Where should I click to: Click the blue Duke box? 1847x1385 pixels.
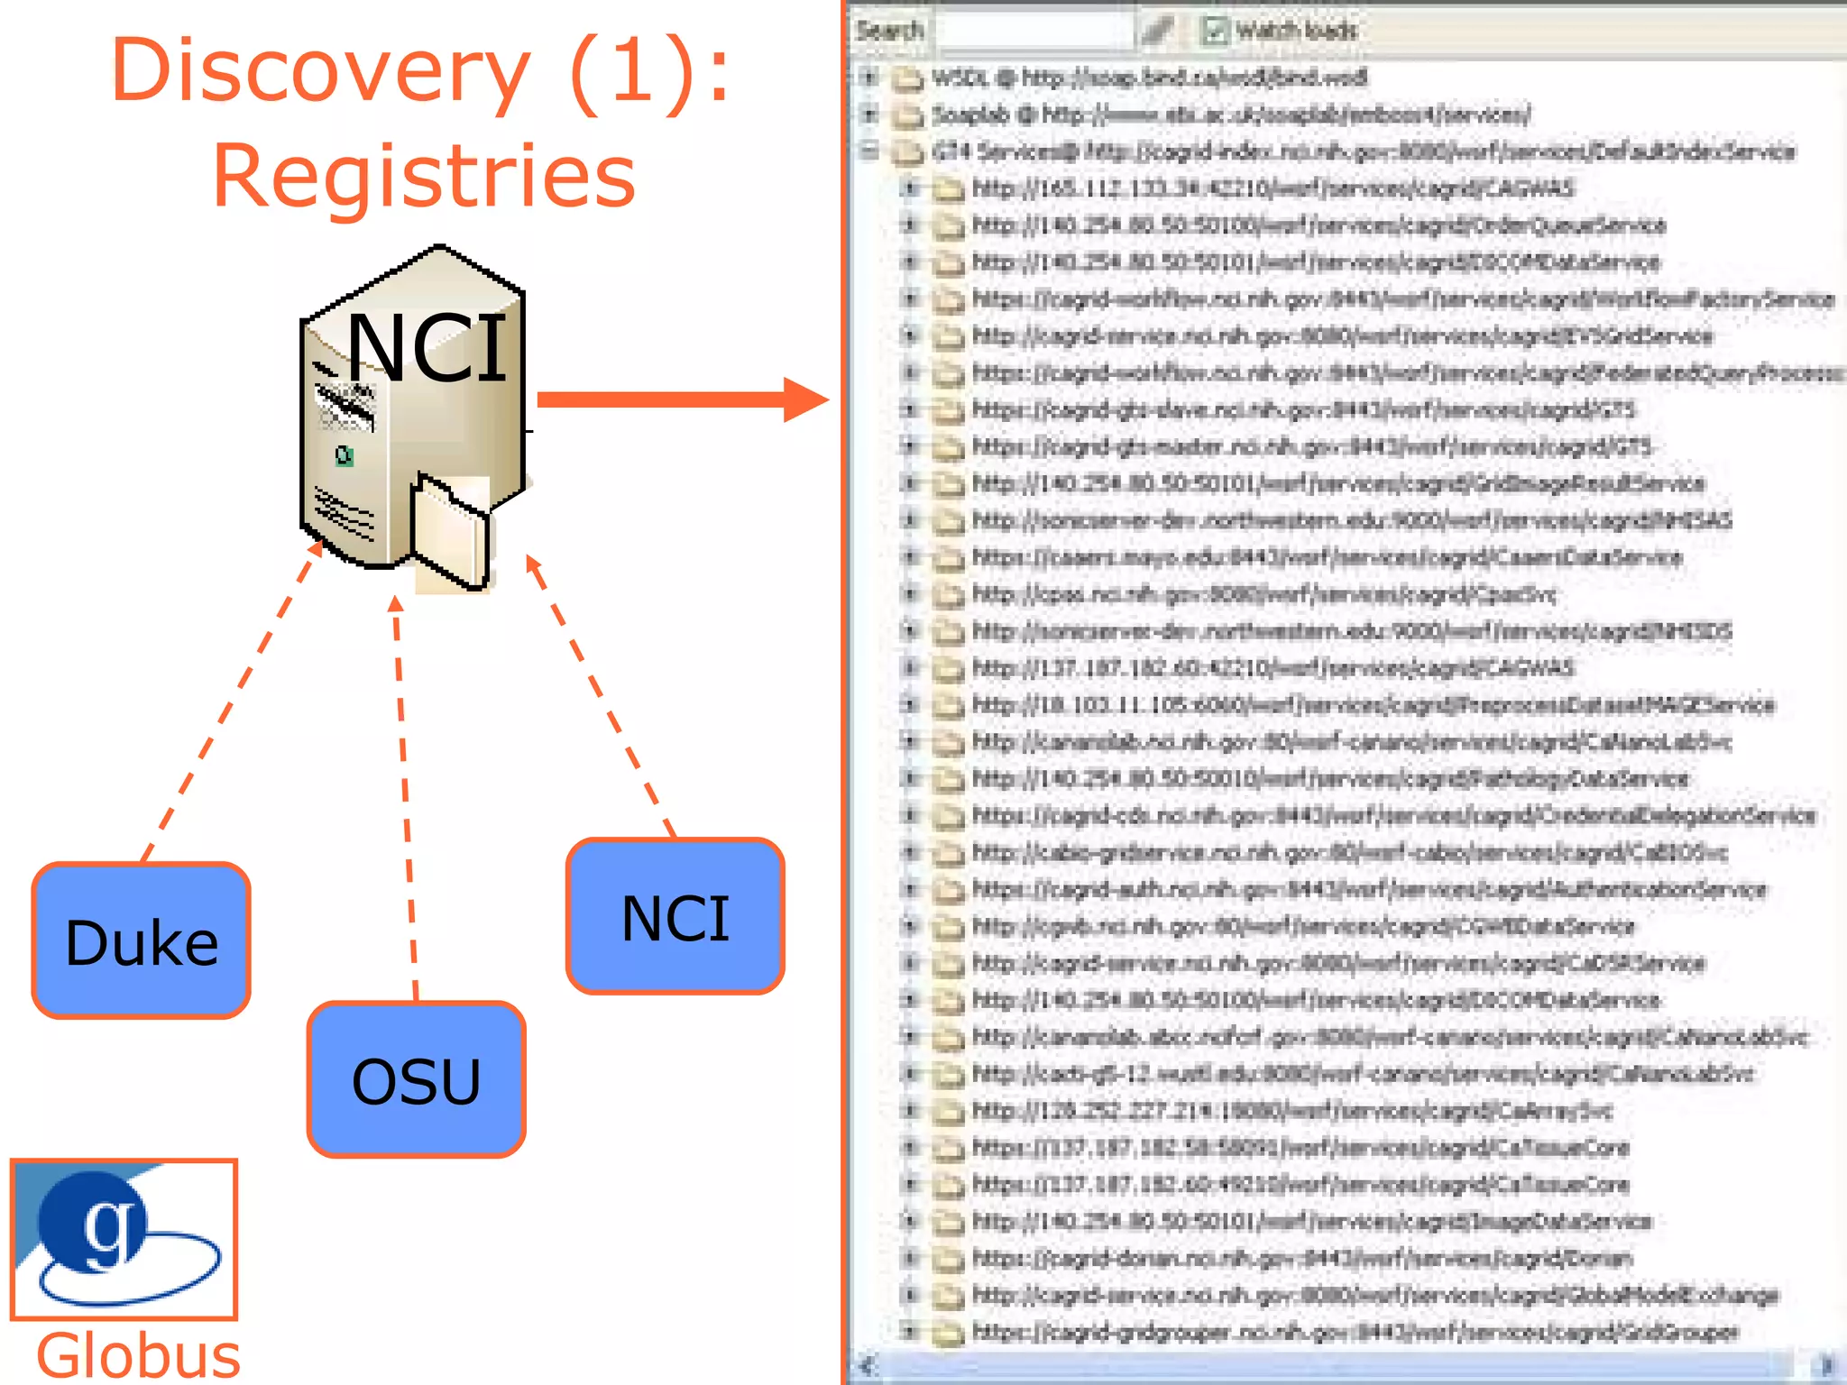point(142,940)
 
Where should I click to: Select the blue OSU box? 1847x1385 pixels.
point(416,1079)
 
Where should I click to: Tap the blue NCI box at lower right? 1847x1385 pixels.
point(675,917)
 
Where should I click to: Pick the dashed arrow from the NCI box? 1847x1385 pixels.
point(600,694)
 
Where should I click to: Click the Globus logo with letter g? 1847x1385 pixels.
point(124,1238)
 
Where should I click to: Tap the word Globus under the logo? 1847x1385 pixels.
point(138,1355)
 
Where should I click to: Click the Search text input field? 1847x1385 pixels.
point(1034,32)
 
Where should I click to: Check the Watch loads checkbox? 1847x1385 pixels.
point(1214,32)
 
